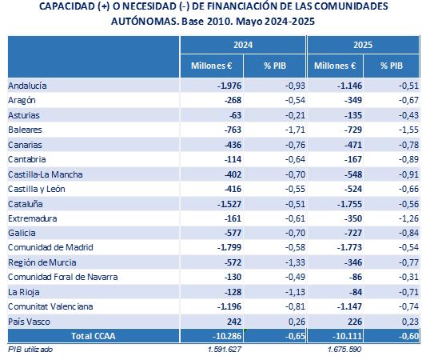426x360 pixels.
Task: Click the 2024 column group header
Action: pyautogui.click(x=243, y=45)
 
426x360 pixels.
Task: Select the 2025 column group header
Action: pyautogui.click(x=363, y=45)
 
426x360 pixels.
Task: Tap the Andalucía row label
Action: pyautogui.click(x=27, y=86)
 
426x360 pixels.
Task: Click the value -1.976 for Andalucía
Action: pyautogui.click(x=229, y=86)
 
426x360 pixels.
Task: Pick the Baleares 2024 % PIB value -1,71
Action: pyautogui.click(x=295, y=130)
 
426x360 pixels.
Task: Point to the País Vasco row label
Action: pyautogui.click(x=29, y=322)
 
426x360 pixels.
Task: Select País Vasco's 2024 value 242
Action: pyautogui.click(x=234, y=322)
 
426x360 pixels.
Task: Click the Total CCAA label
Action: pyautogui.click(x=94, y=336)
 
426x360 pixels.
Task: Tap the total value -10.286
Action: pyautogui.click(x=227, y=336)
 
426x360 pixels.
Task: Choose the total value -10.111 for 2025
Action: pyautogui.click(x=347, y=336)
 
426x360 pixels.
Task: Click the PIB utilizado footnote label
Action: pyautogui.click(x=30, y=349)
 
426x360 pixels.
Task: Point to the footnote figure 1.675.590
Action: pyautogui.click(x=344, y=349)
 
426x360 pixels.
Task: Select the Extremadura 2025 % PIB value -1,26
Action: pyautogui.click(x=408, y=218)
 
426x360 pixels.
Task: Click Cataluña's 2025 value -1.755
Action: pyautogui.click(x=349, y=204)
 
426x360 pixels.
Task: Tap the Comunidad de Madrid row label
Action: pyautogui.click(x=50, y=247)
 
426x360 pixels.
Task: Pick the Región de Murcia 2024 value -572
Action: pyautogui.click(x=233, y=262)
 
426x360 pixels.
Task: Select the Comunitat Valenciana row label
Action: pyautogui.click(x=50, y=306)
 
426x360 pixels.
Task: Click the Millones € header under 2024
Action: pyautogui.click(x=212, y=66)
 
